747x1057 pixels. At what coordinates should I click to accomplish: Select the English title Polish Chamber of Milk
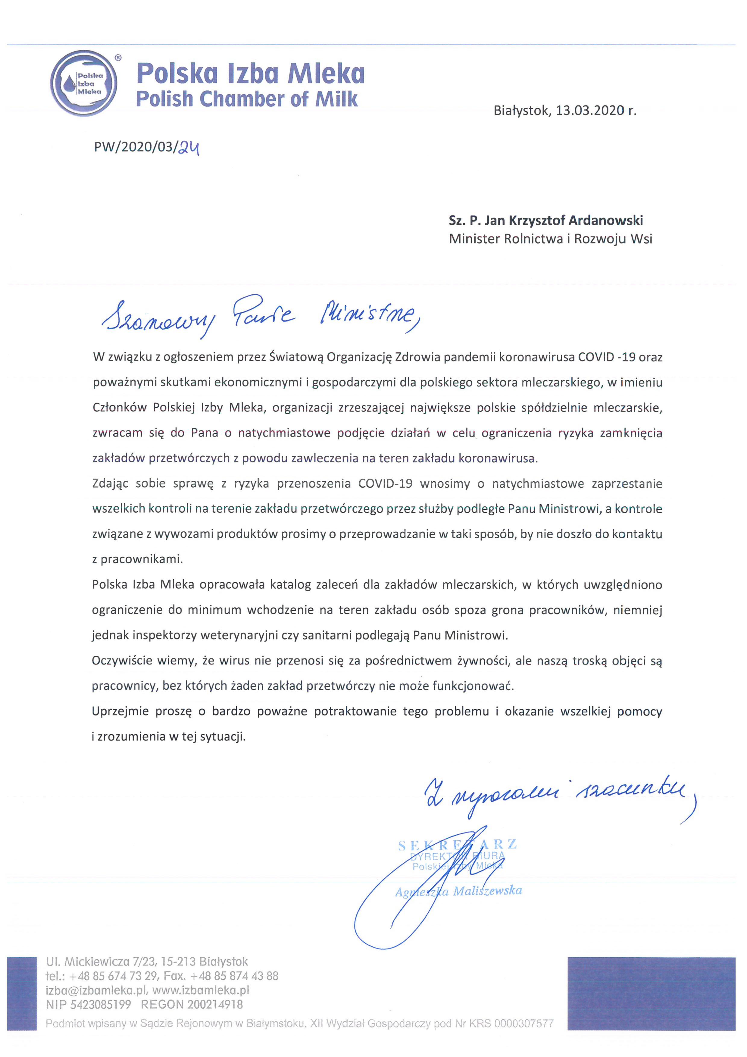pos(247,99)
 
